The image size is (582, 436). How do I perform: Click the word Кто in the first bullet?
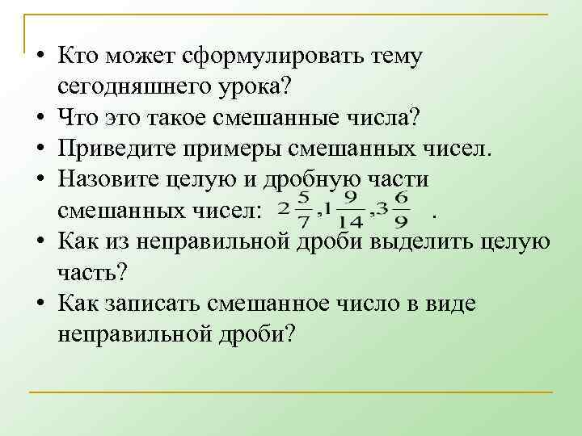tap(77, 57)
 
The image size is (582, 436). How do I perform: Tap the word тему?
tap(394, 57)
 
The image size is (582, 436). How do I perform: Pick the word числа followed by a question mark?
tap(378, 117)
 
